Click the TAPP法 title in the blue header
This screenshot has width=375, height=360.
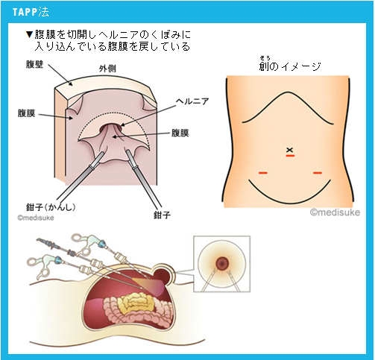click(x=31, y=12)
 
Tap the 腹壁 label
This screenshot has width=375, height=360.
click(x=34, y=64)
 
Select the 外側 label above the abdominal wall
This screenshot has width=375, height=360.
click(x=107, y=69)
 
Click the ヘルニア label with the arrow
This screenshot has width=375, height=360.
click(x=192, y=101)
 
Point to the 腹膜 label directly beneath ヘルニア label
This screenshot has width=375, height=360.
click(x=180, y=133)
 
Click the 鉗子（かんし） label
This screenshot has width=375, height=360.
click(x=51, y=206)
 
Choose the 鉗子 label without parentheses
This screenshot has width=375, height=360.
click(x=162, y=215)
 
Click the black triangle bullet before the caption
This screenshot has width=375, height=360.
click(x=29, y=34)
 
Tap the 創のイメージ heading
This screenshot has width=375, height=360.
click(x=290, y=66)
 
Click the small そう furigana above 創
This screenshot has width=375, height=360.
click(x=265, y=58)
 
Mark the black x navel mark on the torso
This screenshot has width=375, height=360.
click(x=290, y=150)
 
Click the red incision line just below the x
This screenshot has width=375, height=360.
click(x=290, y=156)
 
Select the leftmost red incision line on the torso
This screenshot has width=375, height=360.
click(x=263, y=173)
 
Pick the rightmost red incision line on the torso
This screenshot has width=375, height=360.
click(x=318, y=173)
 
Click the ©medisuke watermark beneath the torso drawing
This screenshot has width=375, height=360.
click(x=335, y=212)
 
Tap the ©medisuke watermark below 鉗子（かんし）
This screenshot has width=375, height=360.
click(x=36, y=218)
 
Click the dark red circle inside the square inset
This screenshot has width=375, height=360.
click(x=222, y=263)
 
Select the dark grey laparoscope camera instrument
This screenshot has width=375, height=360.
click(x=56, y=247)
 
